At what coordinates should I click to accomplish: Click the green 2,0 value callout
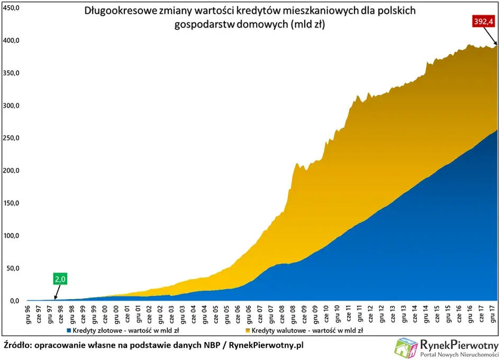tap(61, 279)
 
